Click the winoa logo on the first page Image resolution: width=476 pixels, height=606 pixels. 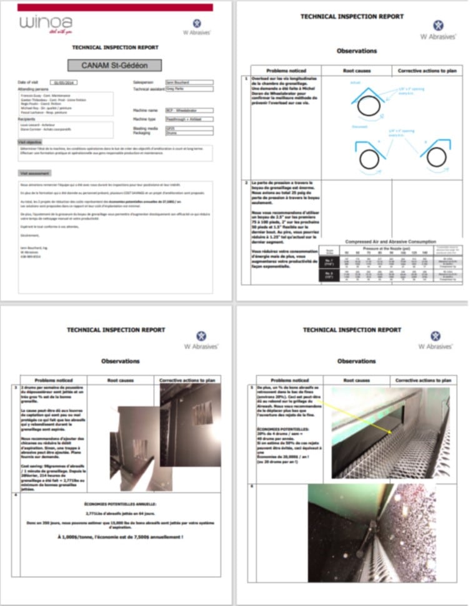pyautogui.click(x=46, y=24)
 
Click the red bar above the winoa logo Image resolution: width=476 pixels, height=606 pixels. pyautogui.click(x=115, y=7)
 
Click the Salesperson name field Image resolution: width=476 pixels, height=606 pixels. pyautogui.click(x=189, y=82)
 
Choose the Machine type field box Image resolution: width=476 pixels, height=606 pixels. pyautogui.click(x=189, y=118)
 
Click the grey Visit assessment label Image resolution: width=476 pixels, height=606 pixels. pyautogui.click(x=34, y=173)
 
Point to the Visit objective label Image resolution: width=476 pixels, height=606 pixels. pyautogui.click(x=30, y=143)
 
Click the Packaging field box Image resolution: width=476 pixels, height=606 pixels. pyautogui.click(x=189, y=132)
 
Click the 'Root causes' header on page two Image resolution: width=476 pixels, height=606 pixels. pyautogui.click(x=357, y=71)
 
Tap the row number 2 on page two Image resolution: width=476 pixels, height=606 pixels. pyautogui.click(x=246, y=183)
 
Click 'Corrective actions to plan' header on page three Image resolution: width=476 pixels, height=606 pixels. pyautogui.click(x=188, y=379)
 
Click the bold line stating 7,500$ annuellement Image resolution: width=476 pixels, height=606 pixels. pyautogui.click(x=121, y=535)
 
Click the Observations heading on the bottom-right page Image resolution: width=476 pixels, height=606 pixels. pyautogui.click(x=357, y=361)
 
